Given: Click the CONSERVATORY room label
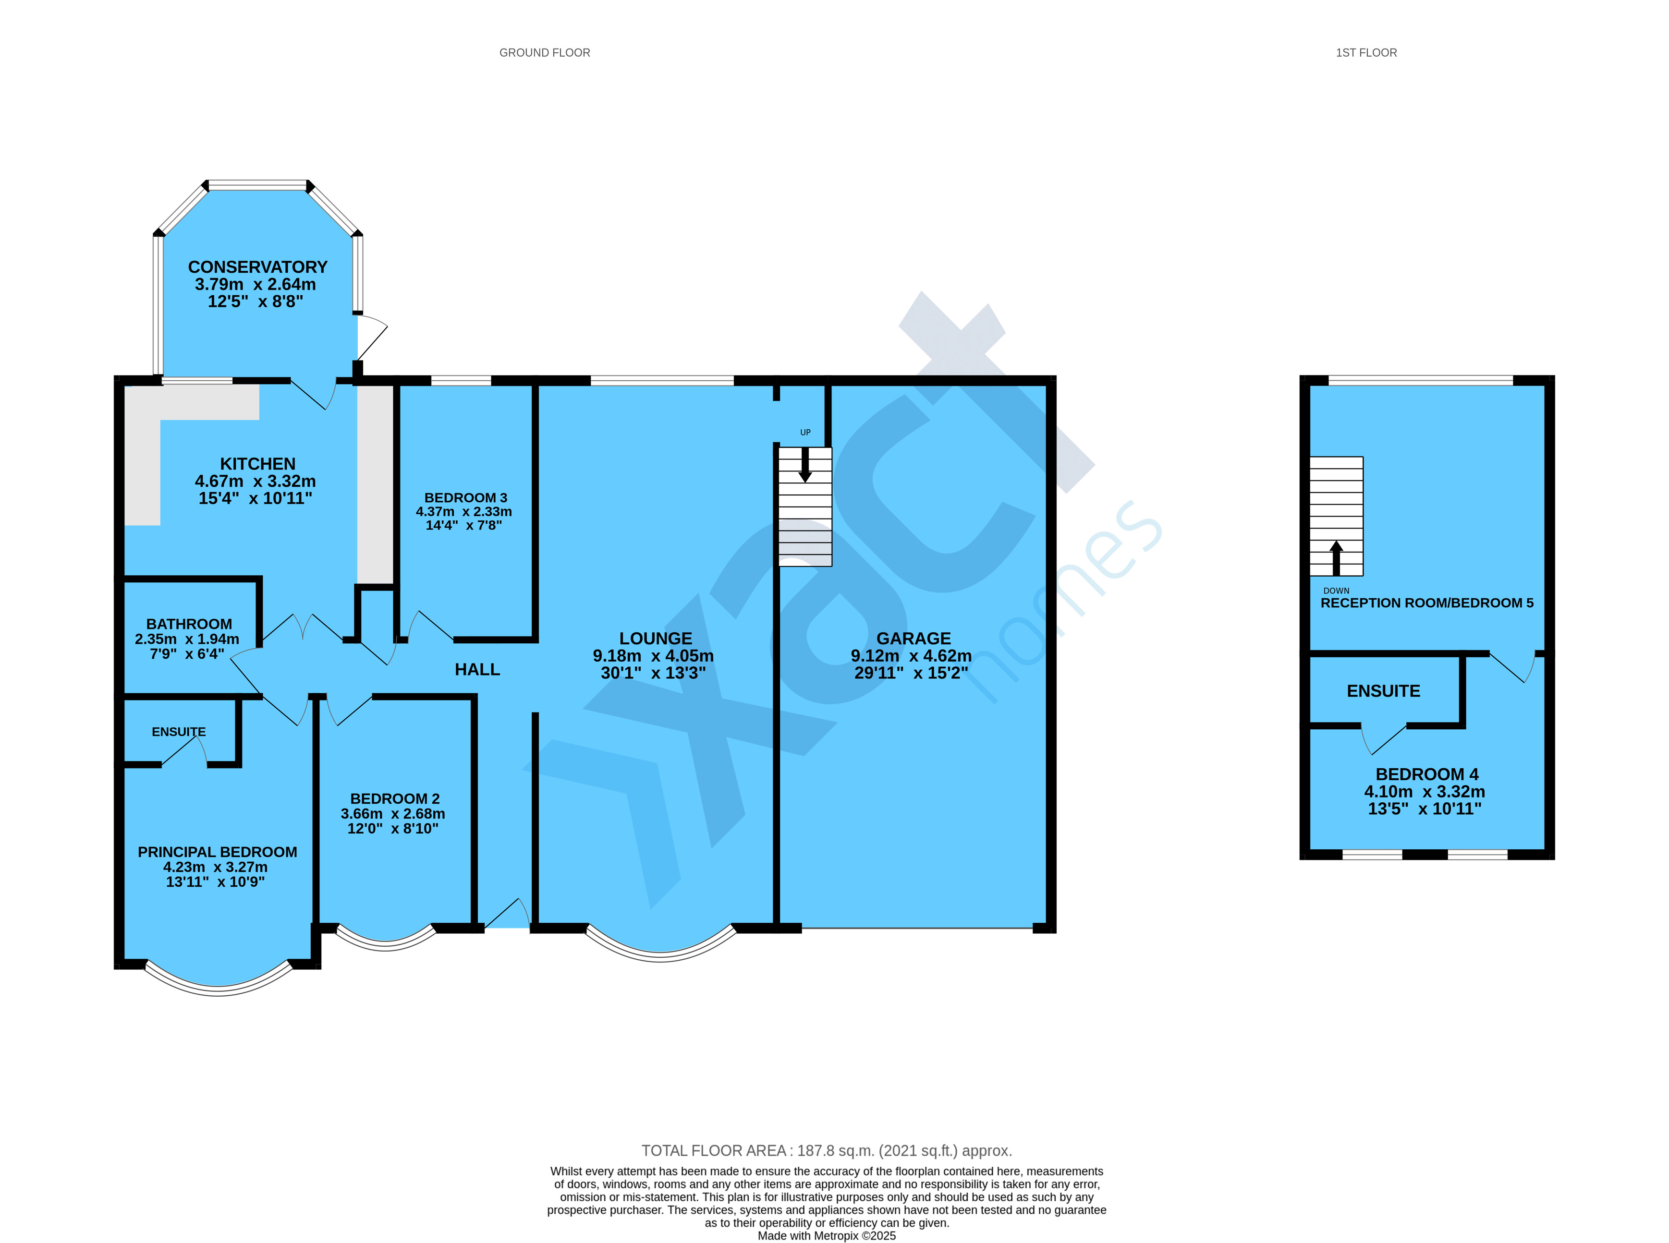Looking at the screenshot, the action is pyautogui.click(x=257, y=267).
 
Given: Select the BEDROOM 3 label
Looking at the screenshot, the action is pyautogui.click(x=466, y=498).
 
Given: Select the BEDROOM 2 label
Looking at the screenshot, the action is pyautogui.click(x=395, y=799).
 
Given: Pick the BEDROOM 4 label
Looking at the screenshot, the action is pyautogui.click(x=1427, y=775).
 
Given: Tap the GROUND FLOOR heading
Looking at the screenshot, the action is pyautogui.click(x=545, y=53).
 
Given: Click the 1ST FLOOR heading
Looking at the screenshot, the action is pyautogui.click(x=1366, y=53).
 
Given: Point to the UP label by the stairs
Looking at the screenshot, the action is pyautogui.click(x=805, y=433).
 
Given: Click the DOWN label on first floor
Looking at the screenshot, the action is pyautogui.click(x=1337, y=591).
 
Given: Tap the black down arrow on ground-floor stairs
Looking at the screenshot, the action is pyautogui.click(x=805, y=465).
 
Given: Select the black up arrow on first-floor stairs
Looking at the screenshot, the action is pyautogui.click(x=1337, y=557).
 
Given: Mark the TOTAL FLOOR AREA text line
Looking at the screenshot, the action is pyautogui.click(x=826, y=1150).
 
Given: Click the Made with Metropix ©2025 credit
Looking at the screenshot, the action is pyautogui.click(x=826, y=1235).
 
